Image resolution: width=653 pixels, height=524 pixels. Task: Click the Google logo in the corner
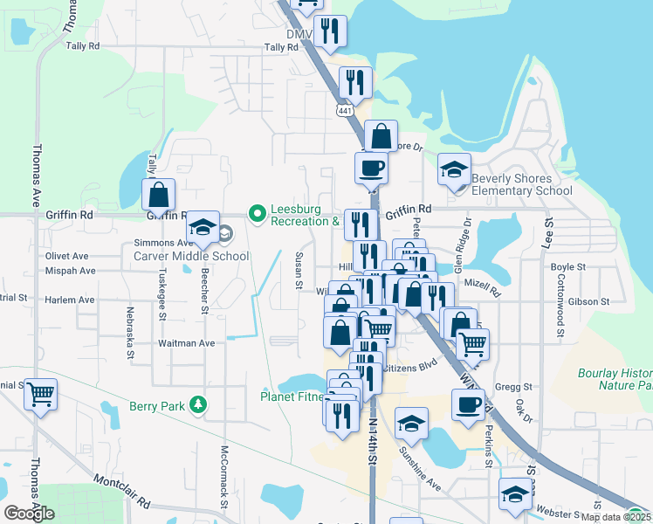pos(29,514)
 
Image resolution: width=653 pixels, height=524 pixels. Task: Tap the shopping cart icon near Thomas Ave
pos(39,395)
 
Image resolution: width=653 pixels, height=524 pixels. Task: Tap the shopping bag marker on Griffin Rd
pos(158,194)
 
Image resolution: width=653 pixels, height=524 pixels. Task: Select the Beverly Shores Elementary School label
pos(522,184)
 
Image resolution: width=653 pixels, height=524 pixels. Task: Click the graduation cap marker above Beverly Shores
pos(454,169)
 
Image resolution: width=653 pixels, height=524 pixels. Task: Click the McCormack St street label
pos(224,475)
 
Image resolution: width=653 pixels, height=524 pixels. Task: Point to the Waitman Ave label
pos(186,343)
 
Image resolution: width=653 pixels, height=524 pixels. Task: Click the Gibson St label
pos(588,301)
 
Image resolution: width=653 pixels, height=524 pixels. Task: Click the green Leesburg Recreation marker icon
pos(257,213)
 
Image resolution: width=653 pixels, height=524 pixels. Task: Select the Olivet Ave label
pos(67,256)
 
